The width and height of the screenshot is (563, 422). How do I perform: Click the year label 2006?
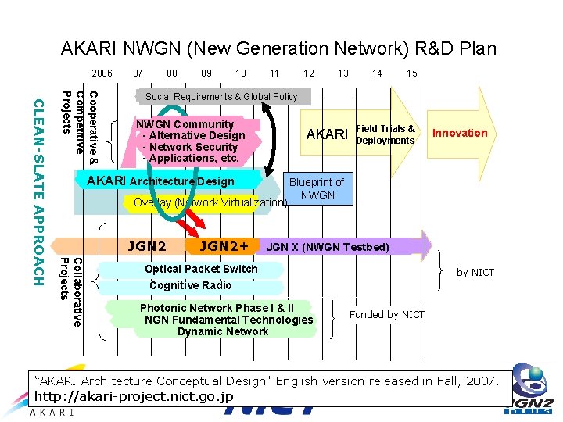coord(102,73)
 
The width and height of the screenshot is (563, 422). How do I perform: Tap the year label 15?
coord(412,73)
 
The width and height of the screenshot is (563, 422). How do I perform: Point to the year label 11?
coord(274,73)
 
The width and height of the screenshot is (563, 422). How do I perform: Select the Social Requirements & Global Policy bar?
coord(221,97)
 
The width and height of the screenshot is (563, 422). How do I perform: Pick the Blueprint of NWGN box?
coord(317,188)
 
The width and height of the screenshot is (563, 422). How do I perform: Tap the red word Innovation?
coord(460,133)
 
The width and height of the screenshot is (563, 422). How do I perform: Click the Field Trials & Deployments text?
coord(385,134)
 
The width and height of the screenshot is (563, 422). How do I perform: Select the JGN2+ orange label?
coord(224,246)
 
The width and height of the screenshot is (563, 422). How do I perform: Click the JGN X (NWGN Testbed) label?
coord(328,247)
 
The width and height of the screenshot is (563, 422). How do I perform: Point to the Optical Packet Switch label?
coord(201,269)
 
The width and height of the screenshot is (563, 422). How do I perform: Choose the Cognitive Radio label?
coord(190,285)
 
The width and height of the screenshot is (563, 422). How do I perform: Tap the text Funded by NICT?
coord(386,314)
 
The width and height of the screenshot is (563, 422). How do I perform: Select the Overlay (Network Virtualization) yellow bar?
coord(208,203)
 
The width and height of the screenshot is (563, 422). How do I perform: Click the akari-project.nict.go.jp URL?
coord(134,396)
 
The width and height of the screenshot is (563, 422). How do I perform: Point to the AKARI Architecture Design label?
coord(160,181)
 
